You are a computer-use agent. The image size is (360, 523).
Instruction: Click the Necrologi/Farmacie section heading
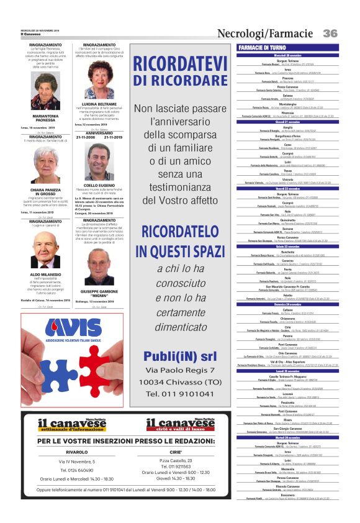[x=265, y=33]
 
